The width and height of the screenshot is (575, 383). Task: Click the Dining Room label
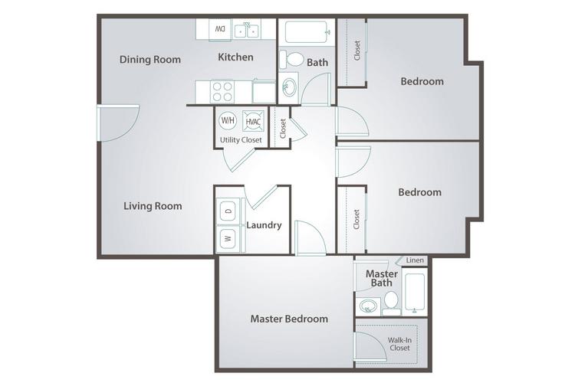click(x=150, y=60)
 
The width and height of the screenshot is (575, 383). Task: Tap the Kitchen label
click(x=235, y=57)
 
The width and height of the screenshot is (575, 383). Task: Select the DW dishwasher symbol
click(x=220, y=29)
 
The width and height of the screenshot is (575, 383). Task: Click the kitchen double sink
click(x=246, y=30)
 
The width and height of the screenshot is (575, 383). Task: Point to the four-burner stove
click(x=222, y=92)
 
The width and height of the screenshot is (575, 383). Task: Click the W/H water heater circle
click(x=228, y=120)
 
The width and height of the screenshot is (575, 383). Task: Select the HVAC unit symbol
click(x=253, y=121)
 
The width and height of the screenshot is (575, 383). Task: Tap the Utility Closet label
click(x=241, y=139)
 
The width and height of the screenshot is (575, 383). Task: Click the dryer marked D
click(x=228, y=211)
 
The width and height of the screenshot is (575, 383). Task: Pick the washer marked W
click(x=228, y=238)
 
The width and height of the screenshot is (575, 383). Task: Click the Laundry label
click(x=264, y=225)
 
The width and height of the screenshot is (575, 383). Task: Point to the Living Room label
click(x=153, y=206)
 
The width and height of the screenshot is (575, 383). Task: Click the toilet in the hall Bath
click(x=291, y=59)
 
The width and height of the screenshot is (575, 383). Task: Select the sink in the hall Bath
click(x=288, y=87)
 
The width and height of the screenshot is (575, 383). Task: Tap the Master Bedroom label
click(x=289, y=319)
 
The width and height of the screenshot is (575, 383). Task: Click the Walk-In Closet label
click(x=399, y=344)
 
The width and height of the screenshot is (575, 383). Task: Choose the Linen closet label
click(x=415, y=260)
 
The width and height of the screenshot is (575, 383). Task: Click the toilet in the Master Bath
click(x=391, y=303)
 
